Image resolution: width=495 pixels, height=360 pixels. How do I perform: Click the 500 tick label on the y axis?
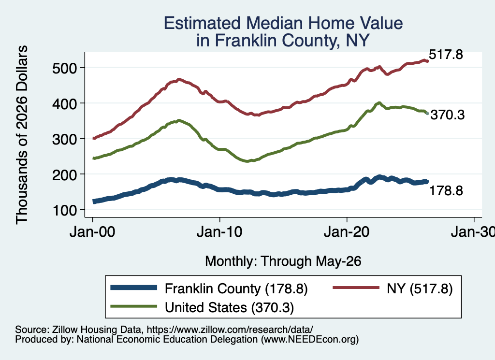click(64, 68)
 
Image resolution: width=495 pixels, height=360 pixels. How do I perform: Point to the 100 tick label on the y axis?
click(64, 210)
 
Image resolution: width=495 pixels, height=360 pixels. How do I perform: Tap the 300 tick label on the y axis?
click(64, 139)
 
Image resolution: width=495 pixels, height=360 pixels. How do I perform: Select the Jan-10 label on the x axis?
click(219, 232)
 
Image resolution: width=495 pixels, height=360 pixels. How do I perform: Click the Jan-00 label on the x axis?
click(92, 232)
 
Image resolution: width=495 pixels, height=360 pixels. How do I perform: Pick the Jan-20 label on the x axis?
click(347, 232)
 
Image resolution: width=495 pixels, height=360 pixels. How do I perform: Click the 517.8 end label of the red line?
click(446, 55)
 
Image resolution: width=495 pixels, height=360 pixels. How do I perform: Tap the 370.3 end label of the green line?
click(448, 115)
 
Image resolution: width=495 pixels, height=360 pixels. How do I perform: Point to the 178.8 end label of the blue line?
click(446, 190)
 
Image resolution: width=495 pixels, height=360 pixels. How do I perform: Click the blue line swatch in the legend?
click(134, 288)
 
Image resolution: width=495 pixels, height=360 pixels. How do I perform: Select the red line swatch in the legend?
click(356, 288)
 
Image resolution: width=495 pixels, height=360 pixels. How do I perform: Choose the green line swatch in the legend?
click(134, 306)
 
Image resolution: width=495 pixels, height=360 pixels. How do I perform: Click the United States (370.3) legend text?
click(230, 308)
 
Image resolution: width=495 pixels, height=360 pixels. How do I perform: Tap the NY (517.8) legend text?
click(420, 288)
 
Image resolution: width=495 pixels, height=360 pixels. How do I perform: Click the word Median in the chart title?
click(275, 23)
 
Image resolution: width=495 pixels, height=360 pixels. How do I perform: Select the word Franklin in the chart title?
click(246, 41)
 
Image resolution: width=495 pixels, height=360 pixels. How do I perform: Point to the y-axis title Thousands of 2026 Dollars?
click(22, 135)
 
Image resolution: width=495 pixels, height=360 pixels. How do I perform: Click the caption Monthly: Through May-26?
click(283, 261)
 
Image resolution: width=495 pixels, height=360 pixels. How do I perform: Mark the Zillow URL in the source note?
click(230, 330)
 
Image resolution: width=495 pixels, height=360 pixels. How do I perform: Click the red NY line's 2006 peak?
click(179, 80)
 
